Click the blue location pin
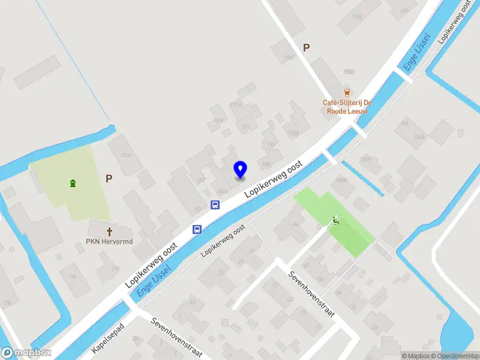[x=241, y=169]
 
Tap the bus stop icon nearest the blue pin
[x=215, y=205]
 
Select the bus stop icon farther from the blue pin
[x=197, y=229]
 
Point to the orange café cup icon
[x=347, y=91]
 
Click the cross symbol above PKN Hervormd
[x=110, y=231]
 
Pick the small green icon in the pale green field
[x=73, y=183]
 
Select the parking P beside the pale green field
[x=109, y=178]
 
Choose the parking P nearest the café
[x=307, y=48]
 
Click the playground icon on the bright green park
[x=335, y=221]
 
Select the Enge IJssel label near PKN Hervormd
[x=155, y=280]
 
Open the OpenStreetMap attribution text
[x=456, y=356]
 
